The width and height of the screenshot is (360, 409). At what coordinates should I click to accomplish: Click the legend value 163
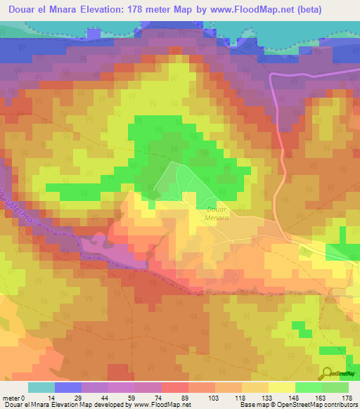[321, 398]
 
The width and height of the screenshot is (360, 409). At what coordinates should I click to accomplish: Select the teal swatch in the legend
[41, 387]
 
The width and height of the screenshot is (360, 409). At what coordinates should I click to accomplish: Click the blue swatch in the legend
[68, 387]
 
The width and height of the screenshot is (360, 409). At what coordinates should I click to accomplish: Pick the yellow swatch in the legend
[281, 387]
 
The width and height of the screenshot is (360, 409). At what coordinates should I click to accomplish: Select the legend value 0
[27, 398]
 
